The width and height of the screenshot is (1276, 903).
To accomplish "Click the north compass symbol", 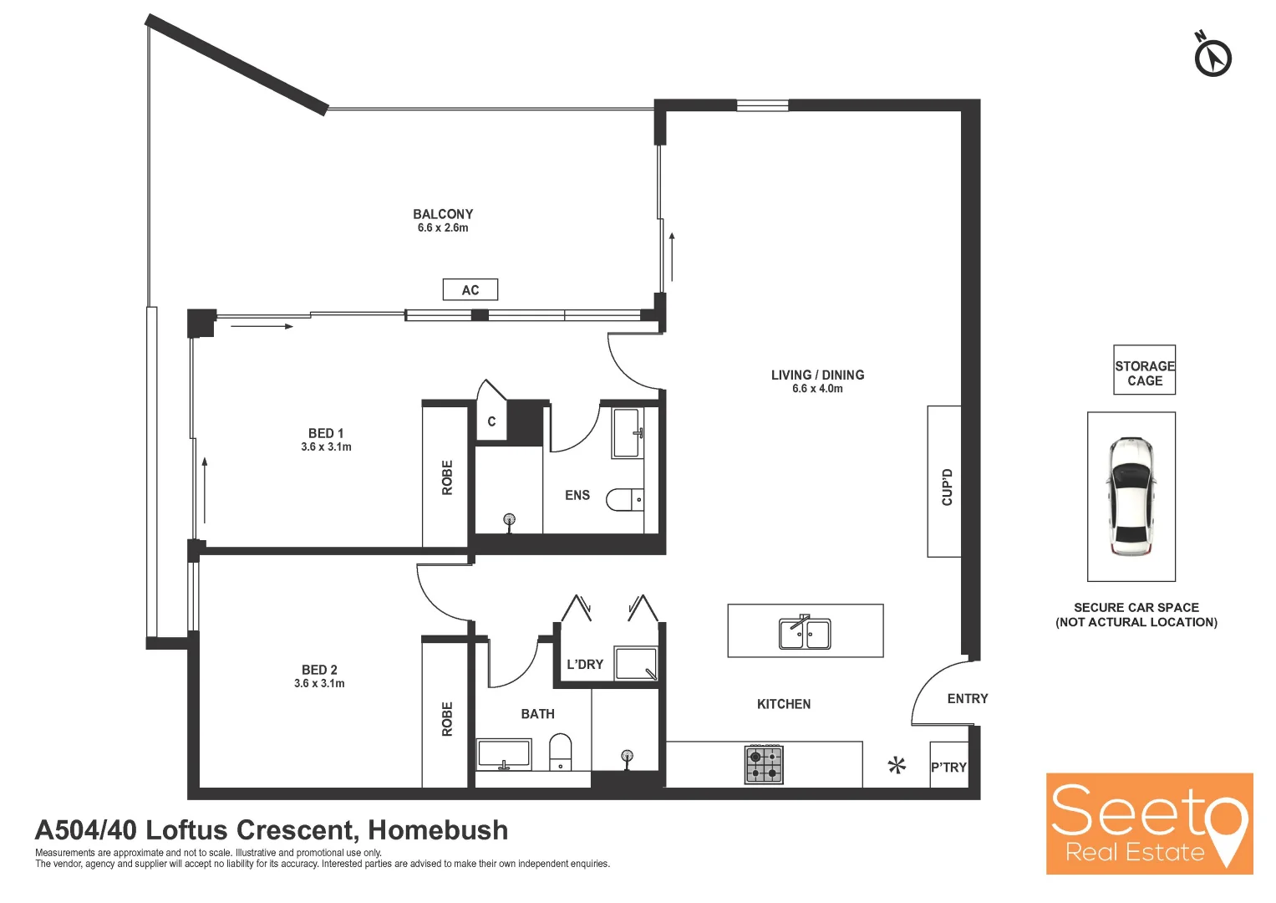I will tap(1212, 57).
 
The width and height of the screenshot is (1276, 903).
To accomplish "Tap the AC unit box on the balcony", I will tap(470, 290).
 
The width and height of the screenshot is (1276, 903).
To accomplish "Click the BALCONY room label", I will tap(443, 214).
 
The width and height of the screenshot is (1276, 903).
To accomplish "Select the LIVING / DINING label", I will tap(817, 375).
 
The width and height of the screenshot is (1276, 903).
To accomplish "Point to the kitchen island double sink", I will tap(805, 634).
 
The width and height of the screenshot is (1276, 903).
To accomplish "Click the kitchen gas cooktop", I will tap(764, 764).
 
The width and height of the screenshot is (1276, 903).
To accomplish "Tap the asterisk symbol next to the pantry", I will tap(897, 765).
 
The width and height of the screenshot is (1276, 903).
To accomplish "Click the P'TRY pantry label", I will tap(948, 767).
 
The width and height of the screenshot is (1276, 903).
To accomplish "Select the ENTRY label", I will tap(967, 698).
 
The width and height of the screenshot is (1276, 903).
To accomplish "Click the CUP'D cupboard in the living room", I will tap(945, 482).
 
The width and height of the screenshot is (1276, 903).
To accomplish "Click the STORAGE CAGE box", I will tap(1144, 370).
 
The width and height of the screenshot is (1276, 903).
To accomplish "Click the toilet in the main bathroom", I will tap(560, 752).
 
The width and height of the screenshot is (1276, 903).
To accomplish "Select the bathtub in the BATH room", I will tap(504, 754).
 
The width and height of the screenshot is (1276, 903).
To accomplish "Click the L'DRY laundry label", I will tap(584, 665).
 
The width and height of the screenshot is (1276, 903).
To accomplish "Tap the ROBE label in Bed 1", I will tap(447, 477).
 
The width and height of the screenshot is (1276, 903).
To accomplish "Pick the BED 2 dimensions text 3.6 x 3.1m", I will tap(319, 684).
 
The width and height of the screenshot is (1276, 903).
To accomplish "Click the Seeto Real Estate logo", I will tap(1149, 824).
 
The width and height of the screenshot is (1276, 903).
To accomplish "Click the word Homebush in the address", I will tap(438, 830).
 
